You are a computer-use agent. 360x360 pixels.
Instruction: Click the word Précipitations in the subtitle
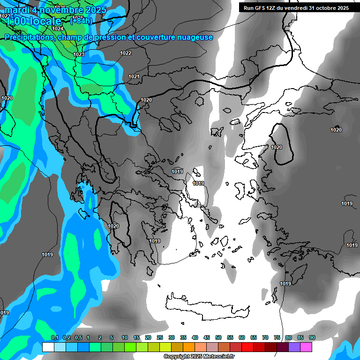(28, 37)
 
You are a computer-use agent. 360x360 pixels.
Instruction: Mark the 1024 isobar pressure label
(58, 29)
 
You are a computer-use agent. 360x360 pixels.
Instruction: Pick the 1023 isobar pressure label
(79, 55)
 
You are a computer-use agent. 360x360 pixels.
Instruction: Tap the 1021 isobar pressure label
(134, 76)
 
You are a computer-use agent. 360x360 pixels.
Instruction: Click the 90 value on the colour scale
(312, 337)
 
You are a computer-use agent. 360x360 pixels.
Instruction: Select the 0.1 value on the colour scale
(54, 337)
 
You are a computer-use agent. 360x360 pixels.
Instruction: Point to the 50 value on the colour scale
(218, 337)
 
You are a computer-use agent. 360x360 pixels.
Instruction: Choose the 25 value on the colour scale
(160, 337)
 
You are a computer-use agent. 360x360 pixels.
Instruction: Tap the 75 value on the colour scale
(277, 337)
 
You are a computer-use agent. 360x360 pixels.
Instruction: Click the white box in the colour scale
(48, 347)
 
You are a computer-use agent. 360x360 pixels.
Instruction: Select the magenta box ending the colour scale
(306, 347)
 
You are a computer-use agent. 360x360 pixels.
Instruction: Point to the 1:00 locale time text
(34, 21)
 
